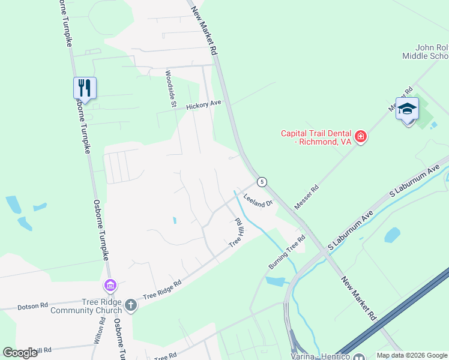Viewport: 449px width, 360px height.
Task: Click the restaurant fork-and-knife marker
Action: tap(85, 88)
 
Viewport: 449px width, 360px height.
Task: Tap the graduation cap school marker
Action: tap(407, 109)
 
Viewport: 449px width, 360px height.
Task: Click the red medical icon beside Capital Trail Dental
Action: tap(361, 137)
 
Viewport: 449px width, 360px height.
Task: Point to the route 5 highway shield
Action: tap(262, 181)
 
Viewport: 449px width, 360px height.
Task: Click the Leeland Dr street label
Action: tap(258, 200)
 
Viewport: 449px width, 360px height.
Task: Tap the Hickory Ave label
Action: tap(203, 105)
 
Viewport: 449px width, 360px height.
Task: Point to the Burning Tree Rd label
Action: tap(287, 252)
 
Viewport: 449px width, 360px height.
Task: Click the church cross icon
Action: tap(130, 306)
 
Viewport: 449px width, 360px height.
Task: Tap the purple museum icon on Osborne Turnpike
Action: tap(110, 284)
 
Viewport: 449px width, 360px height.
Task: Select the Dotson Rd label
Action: tap(32, 306)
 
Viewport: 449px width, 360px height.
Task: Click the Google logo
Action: tap(20, 353)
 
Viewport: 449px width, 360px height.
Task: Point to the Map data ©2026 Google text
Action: tap(412, 355)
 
